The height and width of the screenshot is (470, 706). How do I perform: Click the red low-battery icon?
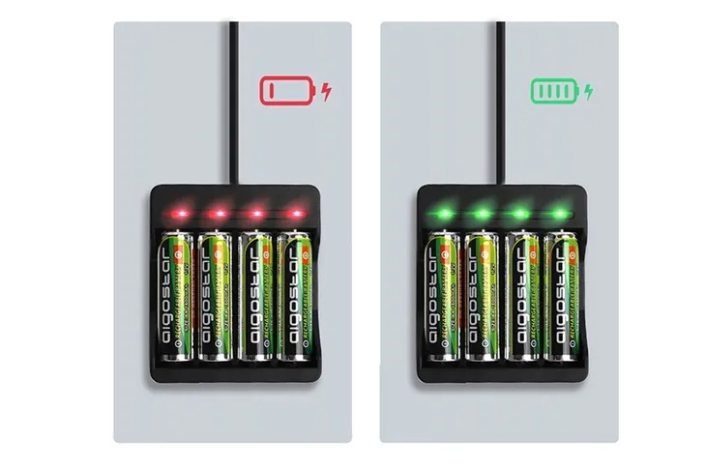point(287,92)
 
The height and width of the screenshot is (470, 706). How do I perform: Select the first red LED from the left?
point(177,212)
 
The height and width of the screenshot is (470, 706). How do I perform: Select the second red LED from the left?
point(218,212)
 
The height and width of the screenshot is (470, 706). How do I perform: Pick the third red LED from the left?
point(257,212)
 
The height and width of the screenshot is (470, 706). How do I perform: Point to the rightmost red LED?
point(295,212)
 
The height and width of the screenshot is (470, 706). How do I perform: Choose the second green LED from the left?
point(483,212)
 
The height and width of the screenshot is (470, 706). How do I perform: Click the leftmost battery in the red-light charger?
point(177,295)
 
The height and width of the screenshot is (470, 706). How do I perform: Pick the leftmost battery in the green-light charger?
point(443,295)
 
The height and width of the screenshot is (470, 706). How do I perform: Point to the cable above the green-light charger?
point(500,97)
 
